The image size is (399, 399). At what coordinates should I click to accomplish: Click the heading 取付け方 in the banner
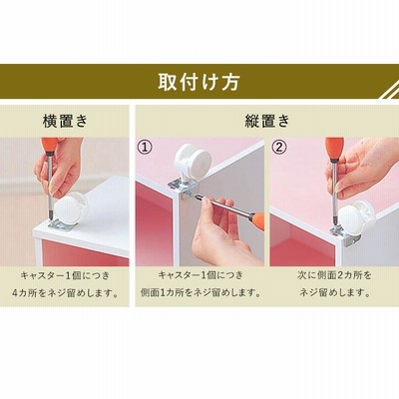pyautogui.click(x=199, y=82)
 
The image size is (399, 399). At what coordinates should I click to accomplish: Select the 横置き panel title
pyautogui.click(x=65, y=121)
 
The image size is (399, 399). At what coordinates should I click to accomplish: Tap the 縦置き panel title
pyautogui.click(x=267, y=121)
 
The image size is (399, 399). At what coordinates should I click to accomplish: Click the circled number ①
pyautogui.click(x=145, y=147)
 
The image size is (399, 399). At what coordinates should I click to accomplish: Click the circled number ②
pyautogui.click(x=278, y=147)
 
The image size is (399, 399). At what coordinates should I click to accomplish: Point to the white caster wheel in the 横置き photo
pyautogui.click(x=68, y=207)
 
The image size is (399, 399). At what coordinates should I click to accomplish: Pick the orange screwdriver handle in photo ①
pyautogui.click(x=257, y=220)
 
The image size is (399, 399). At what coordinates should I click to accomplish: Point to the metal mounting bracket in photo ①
pyautogui.click(x=183, y=190)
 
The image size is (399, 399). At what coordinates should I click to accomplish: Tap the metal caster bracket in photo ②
pyautogui.click(x=346, y=234)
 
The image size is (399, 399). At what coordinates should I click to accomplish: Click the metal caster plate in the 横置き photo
pyautogui.click(x=63, y=224)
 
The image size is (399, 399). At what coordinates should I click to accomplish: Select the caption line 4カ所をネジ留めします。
pyautogui.click(x=66, y=293)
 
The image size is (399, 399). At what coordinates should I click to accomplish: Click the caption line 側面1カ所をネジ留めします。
pyautogui.click(x=200, y=293)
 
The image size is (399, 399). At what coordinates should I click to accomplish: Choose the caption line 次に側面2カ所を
pyautogui.click(x=334, y=275)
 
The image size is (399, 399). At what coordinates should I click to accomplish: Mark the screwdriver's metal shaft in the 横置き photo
pyautogui.click(x=50, y=187)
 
